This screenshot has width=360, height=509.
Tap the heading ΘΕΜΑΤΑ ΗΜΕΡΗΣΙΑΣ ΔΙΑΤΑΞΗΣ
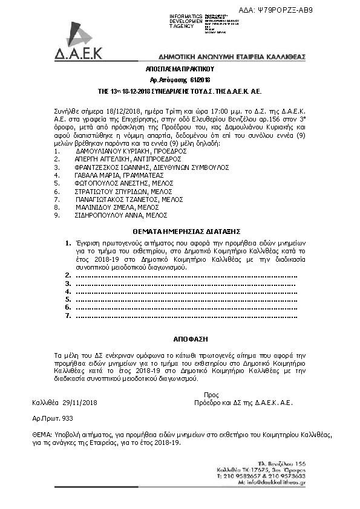[180, 231]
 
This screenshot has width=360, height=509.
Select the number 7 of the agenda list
[68, 315]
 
